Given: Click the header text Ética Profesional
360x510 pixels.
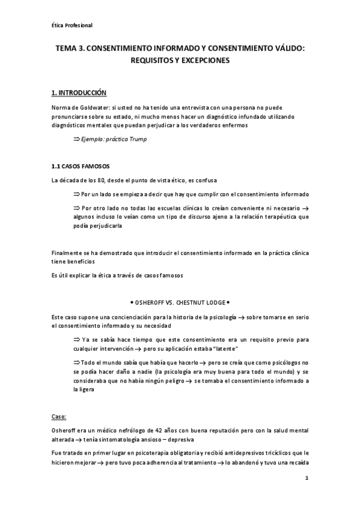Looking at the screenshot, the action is click(72, 25).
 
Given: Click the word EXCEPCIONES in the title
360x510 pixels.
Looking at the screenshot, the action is click(206, 61).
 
